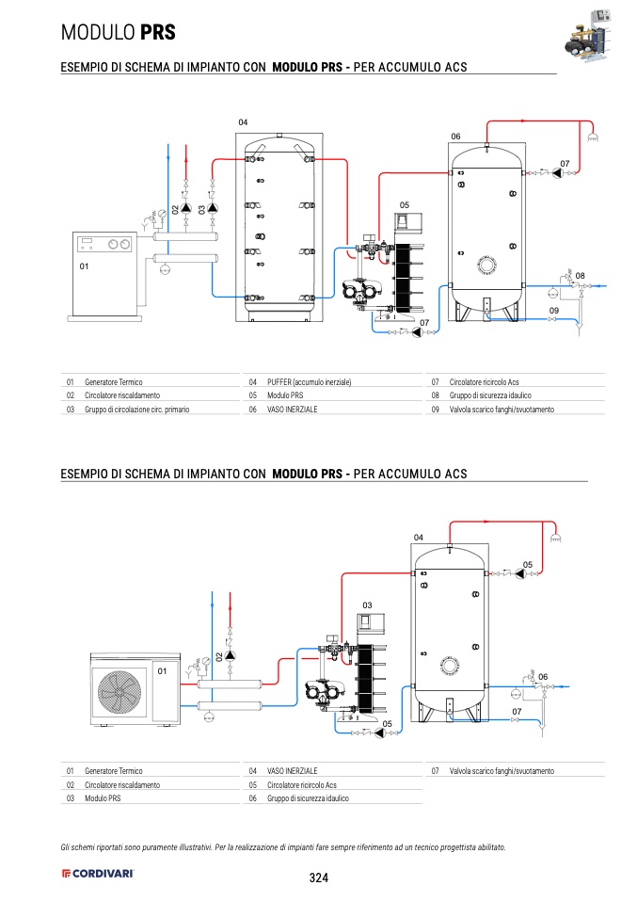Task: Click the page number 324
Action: coord(318,878)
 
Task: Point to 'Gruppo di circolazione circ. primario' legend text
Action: coord(136,410)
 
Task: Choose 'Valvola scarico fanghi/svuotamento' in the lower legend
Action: coord(502,770)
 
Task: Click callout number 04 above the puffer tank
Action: coord(242,122)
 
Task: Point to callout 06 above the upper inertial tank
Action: coord(455,137)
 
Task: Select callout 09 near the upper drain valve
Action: coord(554,310)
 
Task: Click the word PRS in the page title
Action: coord(157,32)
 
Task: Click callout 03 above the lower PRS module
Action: coord(367,604)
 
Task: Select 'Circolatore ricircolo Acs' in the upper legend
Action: coord(484,382)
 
